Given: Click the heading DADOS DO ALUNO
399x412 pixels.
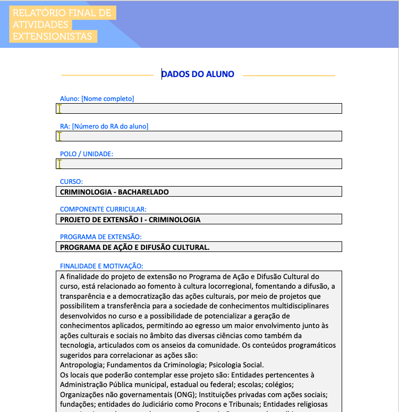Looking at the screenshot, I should [x=198, y=74].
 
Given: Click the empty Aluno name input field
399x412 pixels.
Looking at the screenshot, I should [x=199, y=108].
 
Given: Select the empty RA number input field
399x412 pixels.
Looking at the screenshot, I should [x=199, y=136].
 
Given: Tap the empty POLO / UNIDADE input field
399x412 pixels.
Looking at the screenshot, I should [x=199, y=164].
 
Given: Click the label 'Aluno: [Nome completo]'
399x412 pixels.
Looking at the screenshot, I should [x=97, y=98].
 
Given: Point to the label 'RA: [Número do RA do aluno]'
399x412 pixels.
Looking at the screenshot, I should [x=104, y=126].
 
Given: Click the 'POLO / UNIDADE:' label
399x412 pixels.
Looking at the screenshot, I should [x=87, y=154].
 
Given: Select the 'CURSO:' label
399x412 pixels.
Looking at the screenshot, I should [x=71, y=181].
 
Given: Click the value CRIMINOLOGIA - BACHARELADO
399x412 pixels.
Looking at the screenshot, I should [x=114, y=191].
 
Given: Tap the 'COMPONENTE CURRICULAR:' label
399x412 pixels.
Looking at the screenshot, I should [x=103, y=209].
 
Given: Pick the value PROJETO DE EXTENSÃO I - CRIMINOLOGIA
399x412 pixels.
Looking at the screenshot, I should [x=130, y=219].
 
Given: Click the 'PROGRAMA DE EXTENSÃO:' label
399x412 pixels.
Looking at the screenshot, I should [x=100, y=237].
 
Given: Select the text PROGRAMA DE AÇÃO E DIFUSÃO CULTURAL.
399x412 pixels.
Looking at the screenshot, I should [x=135, y=247].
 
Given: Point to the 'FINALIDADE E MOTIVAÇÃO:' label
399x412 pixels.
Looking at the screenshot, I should [x=101, y=266].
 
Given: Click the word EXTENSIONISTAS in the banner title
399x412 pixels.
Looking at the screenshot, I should [x=53, y=37].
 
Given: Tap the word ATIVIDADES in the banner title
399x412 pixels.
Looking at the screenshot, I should [x=40, y=25].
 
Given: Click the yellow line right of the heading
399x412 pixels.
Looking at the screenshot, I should [x=289, y=76].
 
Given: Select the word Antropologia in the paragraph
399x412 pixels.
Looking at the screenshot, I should [x=79, y=365].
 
